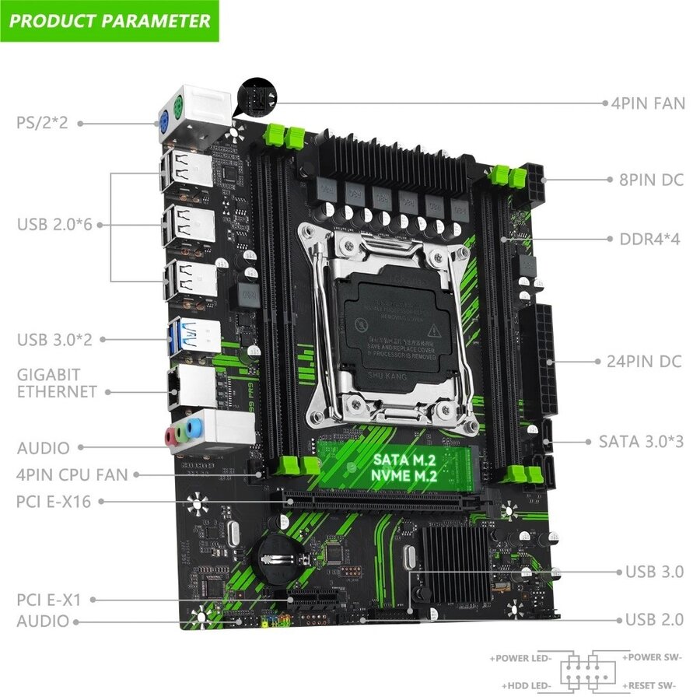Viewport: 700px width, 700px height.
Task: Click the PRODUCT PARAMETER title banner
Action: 110,20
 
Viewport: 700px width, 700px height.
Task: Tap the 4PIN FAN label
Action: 645,103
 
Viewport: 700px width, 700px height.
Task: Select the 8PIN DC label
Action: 651,180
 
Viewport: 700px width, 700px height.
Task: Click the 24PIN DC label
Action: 643,361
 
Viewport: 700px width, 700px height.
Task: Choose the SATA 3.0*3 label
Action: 641,441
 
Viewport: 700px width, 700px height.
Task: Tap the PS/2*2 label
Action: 42,122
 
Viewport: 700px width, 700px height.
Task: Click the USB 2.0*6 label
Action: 54,224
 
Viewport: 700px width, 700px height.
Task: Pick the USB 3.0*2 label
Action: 54,339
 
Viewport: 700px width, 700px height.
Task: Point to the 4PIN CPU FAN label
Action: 72,474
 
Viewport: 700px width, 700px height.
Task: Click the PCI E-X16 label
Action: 53,502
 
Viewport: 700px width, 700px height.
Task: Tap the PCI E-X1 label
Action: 48,600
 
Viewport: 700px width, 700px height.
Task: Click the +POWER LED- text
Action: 520,658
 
